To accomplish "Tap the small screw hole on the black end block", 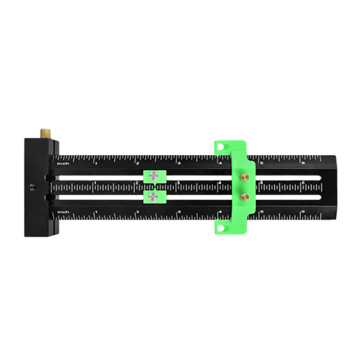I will pyautogui.click(x=32, y=187).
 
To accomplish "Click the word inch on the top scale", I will pyautogui.click(x=63, y=163).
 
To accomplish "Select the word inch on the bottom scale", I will pyautogui.click(x=63, y=212).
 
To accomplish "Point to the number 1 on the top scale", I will pyautogui.click(x=96, y=163).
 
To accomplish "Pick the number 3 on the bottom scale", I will pyautogui.click(x=179, y=212).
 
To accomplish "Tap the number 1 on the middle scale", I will pyautogui.click(x=95, y=183).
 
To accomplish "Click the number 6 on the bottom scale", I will pyautogui.click(x=303, y=212).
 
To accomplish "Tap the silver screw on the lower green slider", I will pyautogui.click(x=154, y=197).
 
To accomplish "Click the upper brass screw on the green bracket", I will pyautogui.click(x=244, y=178).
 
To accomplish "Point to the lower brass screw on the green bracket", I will pyautogui.click(x=244, y=196).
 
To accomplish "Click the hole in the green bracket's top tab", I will pyautogui.click(x=221, y=147).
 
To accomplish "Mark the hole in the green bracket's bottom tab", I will pyautogui.click(x=221, y=228).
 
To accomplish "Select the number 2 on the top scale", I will pyautogui.click(x=138, y=163).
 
